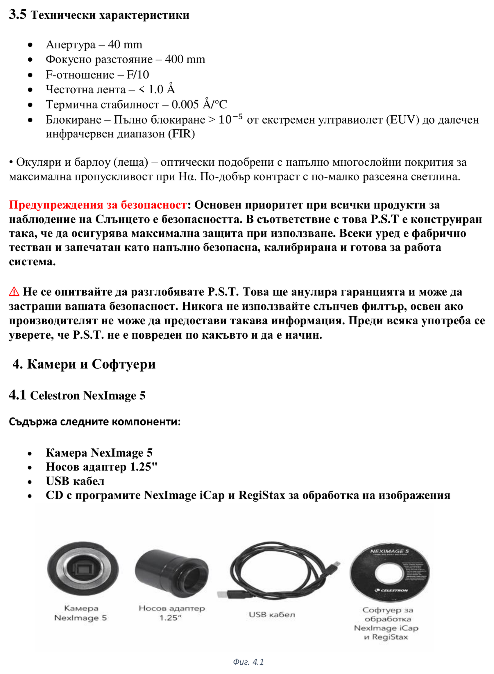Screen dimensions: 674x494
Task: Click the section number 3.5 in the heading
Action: click(17, 14)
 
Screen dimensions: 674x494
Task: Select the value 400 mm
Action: click(185, 59)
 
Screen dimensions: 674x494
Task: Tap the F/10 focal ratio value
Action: click(137, 74)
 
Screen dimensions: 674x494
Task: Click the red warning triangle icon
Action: click(14, 292)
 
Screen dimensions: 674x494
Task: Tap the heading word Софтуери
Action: click(123, 364)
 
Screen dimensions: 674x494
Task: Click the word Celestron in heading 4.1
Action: click(55, 396)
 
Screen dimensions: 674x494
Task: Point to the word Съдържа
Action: click(33, 422)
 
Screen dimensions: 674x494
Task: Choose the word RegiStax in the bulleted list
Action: click(262, 495)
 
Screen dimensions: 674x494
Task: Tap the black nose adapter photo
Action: click(172, 571)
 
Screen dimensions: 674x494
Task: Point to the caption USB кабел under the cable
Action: click(272, 615)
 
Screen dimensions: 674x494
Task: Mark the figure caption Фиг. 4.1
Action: click(248, 662)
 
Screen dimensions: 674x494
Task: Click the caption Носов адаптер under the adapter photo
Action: click(172, 608)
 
